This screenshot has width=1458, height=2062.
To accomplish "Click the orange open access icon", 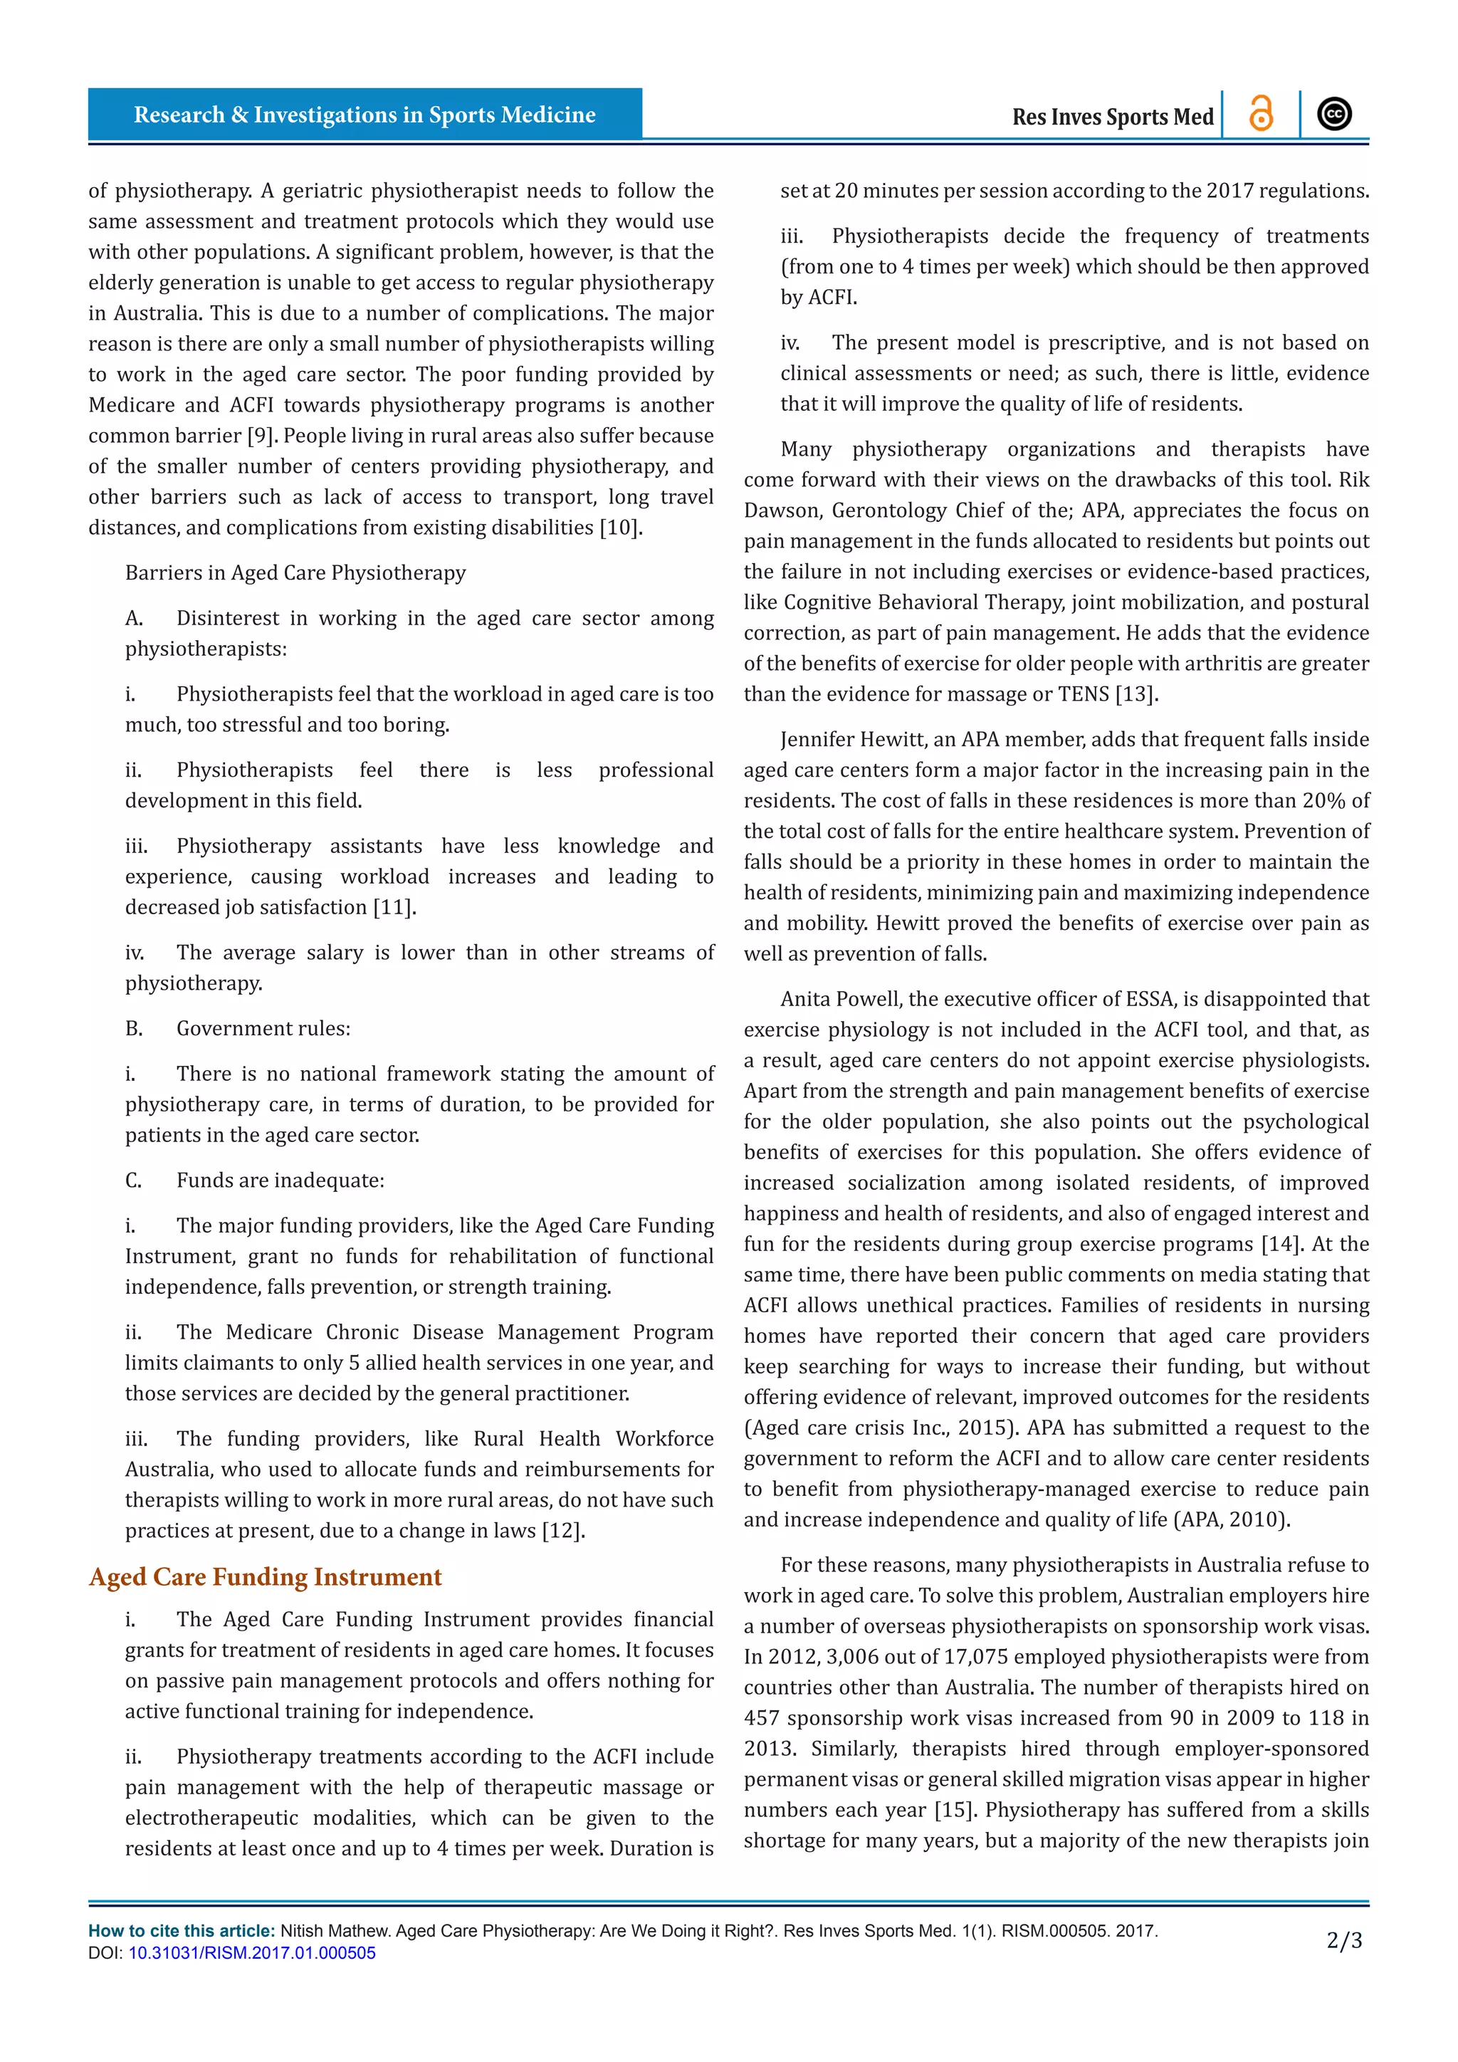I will point(1261,114).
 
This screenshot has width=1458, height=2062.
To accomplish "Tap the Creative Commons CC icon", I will point(1334,114).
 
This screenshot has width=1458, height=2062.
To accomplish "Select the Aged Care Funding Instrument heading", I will point(265,1577).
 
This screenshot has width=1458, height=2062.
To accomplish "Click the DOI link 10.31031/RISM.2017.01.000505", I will point(251,1952).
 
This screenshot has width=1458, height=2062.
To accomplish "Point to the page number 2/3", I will point(1344,1941).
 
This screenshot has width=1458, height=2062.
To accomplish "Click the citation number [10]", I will point(619,527).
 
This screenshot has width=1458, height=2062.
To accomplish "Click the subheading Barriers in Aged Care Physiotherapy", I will point(295,573).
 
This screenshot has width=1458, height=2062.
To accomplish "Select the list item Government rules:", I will point(263,1028).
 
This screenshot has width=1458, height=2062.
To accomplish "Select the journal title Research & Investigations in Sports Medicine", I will point(364,115).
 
